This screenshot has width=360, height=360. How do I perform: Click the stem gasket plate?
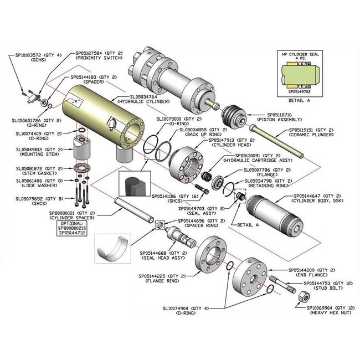(x=81, y=168)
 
